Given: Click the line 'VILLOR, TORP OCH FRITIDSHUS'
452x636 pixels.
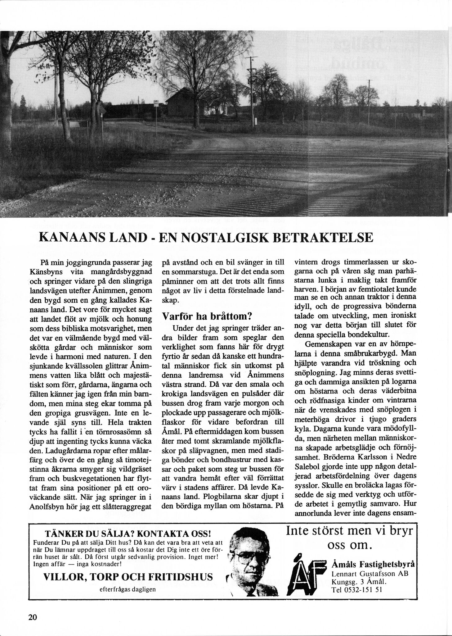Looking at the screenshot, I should pyautogui.click(x=128, y=577).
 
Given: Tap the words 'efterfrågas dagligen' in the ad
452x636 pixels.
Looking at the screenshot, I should pyautogui.click(x=128, y=589).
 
